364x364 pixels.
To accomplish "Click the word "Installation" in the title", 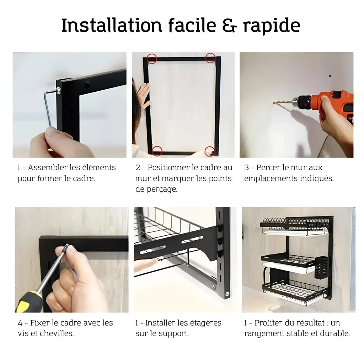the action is pos(112,25).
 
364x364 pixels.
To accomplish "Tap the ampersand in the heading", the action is pos(230,25).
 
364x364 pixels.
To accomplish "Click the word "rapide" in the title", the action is pos(272,26).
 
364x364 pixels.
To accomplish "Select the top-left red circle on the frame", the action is pos(152,59).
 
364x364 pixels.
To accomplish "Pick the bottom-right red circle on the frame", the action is pos(210,151).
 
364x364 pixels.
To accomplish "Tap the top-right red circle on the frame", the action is pos(210,58).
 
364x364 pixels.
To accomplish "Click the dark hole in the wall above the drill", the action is pos(330,76).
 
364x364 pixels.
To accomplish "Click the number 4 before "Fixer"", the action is pos(20,323).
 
